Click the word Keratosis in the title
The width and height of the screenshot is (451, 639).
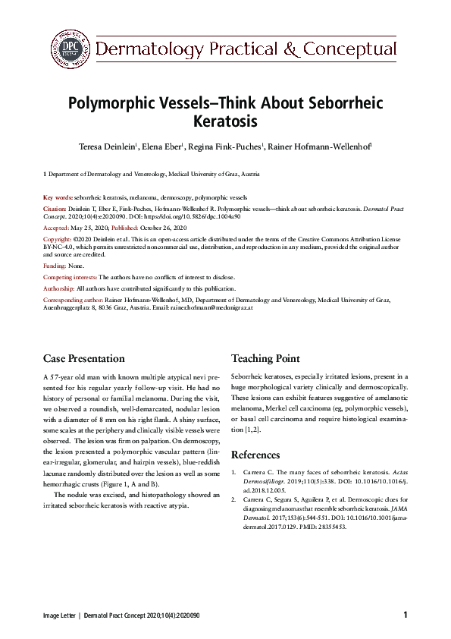[x=225, y=120]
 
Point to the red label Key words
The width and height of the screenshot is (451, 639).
[x=58, y=197]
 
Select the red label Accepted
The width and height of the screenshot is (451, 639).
[x=58, y=227]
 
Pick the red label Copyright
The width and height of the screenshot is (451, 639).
[x=58, y=238]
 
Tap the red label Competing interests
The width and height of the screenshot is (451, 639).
[x=70, y=278]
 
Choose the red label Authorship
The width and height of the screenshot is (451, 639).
[x=59, y=288]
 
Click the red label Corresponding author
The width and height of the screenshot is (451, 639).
[x=72, y=299]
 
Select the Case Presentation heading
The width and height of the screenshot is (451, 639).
[x=84, y=358]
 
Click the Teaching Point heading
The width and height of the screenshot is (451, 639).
[x=265, y=358]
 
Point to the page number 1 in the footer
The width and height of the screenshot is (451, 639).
[x=406, y=615]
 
